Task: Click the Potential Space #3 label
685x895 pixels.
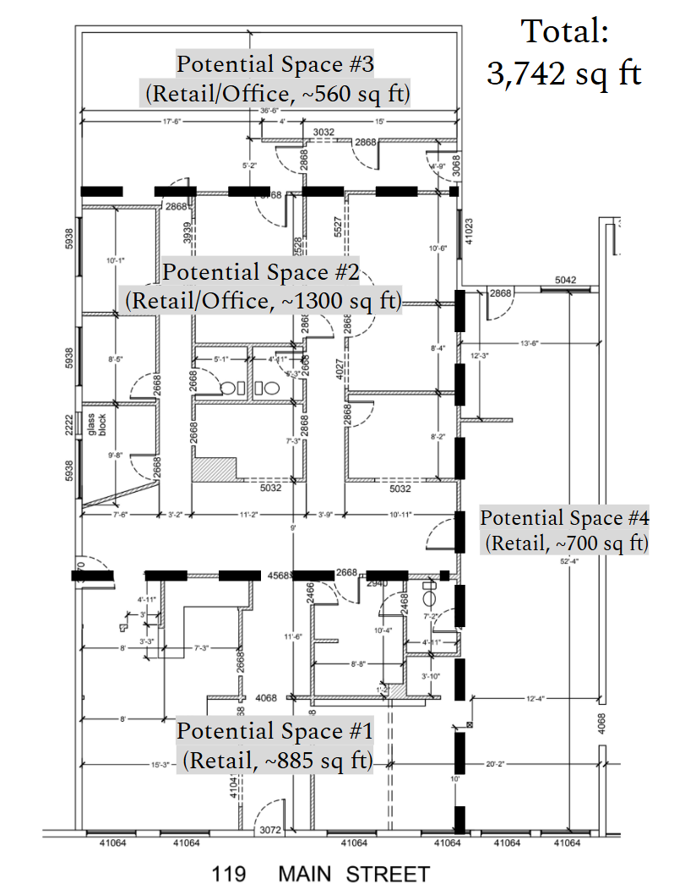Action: pos(275,78)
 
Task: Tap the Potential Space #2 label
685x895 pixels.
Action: pos(262,287)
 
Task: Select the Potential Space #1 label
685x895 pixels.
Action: pos(275,745)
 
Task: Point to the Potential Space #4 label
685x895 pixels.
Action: pos(565,530)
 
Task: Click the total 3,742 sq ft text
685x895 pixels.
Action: pos(564,53)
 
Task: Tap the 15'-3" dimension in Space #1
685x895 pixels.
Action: pos(160,764)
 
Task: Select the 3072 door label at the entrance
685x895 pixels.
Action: pos(269,830)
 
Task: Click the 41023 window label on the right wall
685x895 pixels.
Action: pos(467,229)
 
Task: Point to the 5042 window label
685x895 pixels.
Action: pos(565,280)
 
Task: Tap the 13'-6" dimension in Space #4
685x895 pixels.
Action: pos(529,343)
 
